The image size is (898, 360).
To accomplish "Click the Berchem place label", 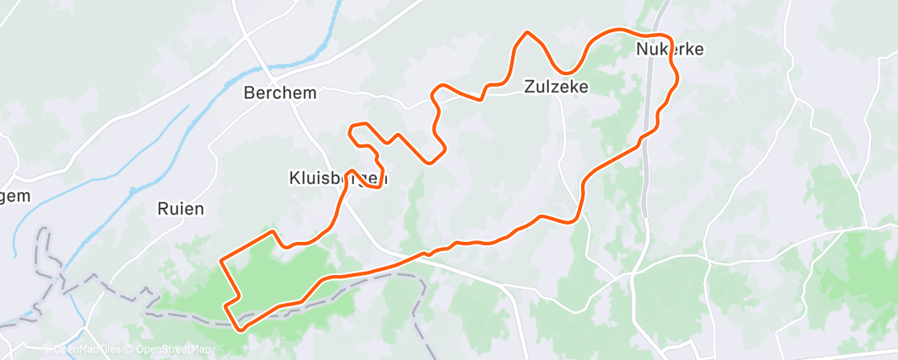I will [280, 93].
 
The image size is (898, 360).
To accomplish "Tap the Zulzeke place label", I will [556, 86].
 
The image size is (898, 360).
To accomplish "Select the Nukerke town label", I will [669, 50].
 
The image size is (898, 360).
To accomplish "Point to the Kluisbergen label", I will [338, 178].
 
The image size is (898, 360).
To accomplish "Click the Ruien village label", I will [180, 209].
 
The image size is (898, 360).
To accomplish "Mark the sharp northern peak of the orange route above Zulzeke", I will [527, 32].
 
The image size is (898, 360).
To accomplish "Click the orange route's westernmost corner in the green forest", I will [220, 261].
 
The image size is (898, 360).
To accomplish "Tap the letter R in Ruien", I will [162, 209].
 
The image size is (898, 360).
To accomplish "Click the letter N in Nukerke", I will [642, 50].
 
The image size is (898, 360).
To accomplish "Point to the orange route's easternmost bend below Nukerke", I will [678, 76].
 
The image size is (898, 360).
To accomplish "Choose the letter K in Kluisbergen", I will [294, 178].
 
